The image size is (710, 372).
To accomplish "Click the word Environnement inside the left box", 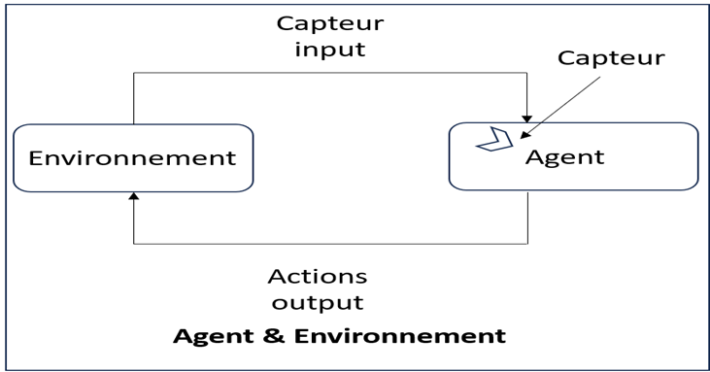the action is (132, 158).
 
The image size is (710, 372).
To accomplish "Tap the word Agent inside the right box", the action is (564, 158).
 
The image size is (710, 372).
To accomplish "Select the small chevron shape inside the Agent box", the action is (495, 140).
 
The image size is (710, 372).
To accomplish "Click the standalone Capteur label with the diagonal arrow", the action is (611, 58).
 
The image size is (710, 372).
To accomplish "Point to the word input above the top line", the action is (330, 50).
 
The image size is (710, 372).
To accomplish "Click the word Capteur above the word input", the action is (330, 23).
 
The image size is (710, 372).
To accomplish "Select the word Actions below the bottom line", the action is (318, 276).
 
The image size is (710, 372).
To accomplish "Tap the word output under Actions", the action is (318, 303).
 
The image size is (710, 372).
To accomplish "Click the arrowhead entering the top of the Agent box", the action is (526, 119).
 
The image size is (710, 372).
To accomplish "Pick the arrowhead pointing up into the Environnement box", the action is (134, 196).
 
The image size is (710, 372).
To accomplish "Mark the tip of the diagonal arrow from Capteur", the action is (521, 138).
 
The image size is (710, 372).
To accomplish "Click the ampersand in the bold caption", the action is (273, 336).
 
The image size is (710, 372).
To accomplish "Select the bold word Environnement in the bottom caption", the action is (400, 336).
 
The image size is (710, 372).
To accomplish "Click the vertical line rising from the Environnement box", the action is (134, 98).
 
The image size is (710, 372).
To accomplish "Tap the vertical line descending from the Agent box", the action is (528, 219).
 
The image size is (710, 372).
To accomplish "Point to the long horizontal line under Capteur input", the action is (330, 73).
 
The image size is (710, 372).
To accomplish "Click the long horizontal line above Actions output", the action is (330, 244).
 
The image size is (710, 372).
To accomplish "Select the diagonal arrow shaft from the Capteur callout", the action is (560, 107).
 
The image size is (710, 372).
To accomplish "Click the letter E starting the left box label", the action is (36, 158).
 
